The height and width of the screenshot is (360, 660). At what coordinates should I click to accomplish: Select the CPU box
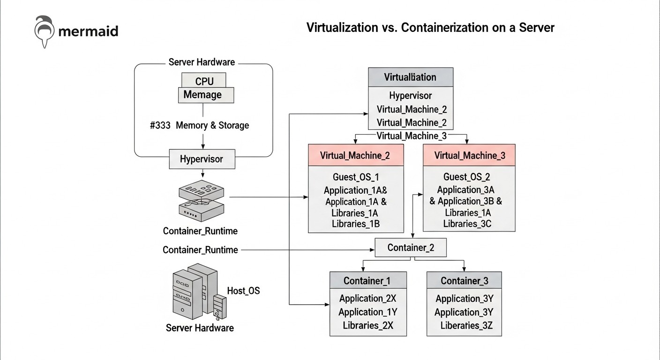[204, 81]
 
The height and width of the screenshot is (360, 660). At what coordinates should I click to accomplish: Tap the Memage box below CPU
[205, 95]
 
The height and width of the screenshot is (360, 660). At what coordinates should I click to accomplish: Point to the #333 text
[160, 126]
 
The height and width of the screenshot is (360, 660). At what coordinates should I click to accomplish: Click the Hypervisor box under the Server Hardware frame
[202, 159]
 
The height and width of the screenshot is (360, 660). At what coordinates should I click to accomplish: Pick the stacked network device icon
[202, 201]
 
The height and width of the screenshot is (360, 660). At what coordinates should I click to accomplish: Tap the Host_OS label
[243, 291]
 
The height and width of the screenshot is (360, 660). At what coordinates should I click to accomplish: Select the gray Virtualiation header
[410, 77]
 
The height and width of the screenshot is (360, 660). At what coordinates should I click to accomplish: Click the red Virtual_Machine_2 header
[355, 156]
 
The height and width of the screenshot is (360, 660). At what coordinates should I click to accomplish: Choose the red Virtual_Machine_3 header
[469, 156]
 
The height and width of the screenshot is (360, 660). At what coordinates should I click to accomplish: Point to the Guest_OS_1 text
[355, 177]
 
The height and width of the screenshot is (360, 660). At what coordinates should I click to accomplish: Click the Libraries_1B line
[355, 224]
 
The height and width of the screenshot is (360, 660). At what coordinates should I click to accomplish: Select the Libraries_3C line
[467, 224]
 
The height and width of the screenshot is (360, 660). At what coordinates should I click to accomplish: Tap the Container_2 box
[411, 247]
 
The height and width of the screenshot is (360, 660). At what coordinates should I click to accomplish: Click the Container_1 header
[367, 281]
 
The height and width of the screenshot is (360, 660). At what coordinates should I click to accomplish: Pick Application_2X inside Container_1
[367, 299]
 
